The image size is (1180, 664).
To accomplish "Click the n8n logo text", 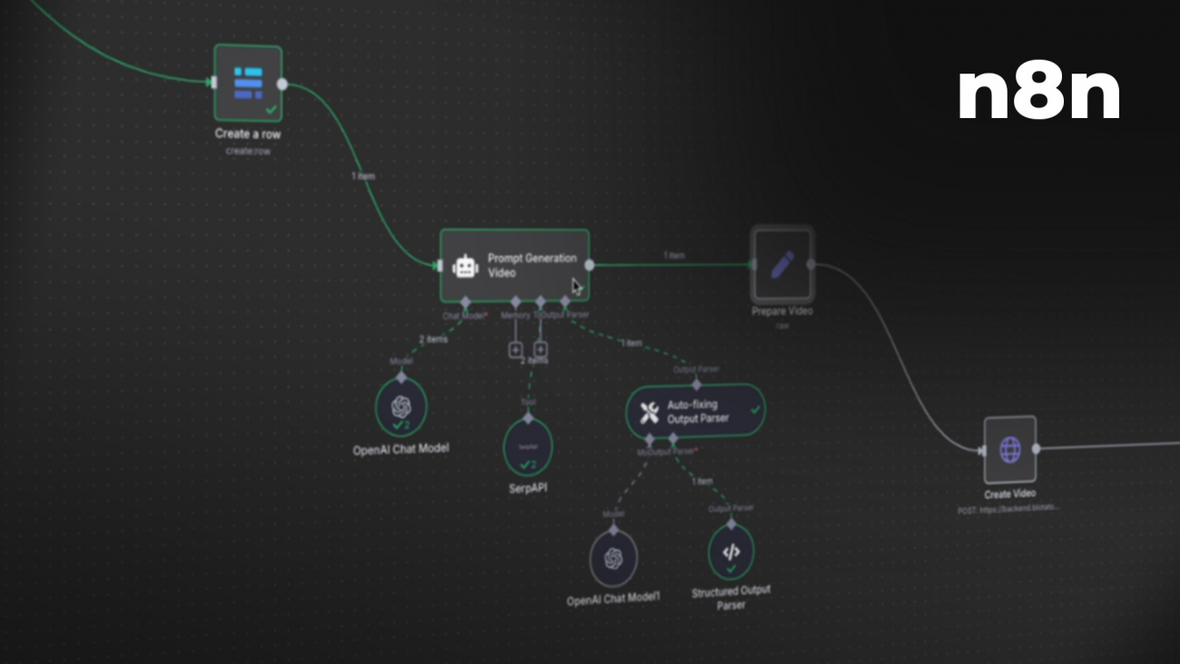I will pos(1038,93).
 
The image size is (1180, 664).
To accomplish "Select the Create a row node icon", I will pos(248,83).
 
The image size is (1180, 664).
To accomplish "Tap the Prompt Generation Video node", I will pos(515,265).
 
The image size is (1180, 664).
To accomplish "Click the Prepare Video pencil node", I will pos(782,264).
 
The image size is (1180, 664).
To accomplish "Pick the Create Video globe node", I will pos(1010,450).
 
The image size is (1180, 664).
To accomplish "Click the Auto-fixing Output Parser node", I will pos(695,411).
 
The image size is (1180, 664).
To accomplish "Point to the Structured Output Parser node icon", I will pos(731,552).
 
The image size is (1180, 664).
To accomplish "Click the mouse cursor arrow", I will pos(576,286).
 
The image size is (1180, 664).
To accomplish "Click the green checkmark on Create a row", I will pos(270,109).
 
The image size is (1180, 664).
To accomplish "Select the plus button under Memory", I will pos(516,349).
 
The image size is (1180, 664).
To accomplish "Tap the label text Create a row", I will pos(248,134).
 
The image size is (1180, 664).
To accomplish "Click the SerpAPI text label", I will pos(528,488).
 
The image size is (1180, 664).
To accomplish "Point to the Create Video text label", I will pos(1009,494).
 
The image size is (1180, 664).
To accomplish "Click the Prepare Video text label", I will pos(782,312).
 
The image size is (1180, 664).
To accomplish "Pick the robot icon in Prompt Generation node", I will pos(466,265).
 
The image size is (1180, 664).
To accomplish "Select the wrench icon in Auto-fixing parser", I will pos(649,412).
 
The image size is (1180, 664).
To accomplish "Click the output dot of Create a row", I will pos(282,84).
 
